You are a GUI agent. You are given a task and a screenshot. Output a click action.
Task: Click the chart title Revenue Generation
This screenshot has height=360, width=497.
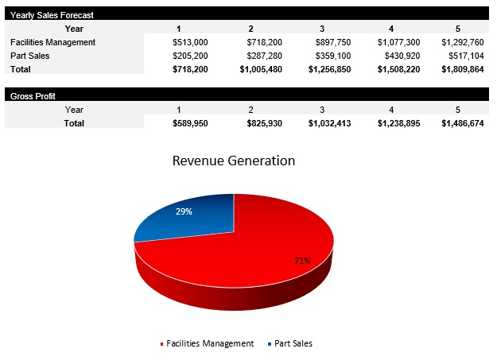tap(234, 161)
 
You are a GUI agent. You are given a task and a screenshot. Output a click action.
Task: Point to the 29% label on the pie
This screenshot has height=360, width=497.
tap(184, 211)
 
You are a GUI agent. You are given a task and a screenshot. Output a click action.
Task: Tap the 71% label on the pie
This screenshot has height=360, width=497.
tap(302, 260)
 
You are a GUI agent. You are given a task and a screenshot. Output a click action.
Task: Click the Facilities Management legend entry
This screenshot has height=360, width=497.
tap(209, 343)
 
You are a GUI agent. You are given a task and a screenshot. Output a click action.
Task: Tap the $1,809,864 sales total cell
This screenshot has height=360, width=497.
tap(461, 69)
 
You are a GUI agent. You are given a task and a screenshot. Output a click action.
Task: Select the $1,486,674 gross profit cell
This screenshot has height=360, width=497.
tap(461, 123)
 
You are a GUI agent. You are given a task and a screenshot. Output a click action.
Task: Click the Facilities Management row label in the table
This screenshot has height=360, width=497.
tap(52, 41)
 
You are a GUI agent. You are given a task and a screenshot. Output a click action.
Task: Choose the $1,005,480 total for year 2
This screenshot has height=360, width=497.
tap(261, 69)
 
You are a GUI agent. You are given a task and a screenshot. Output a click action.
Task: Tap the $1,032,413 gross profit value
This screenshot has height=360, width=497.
tap(329, 123)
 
